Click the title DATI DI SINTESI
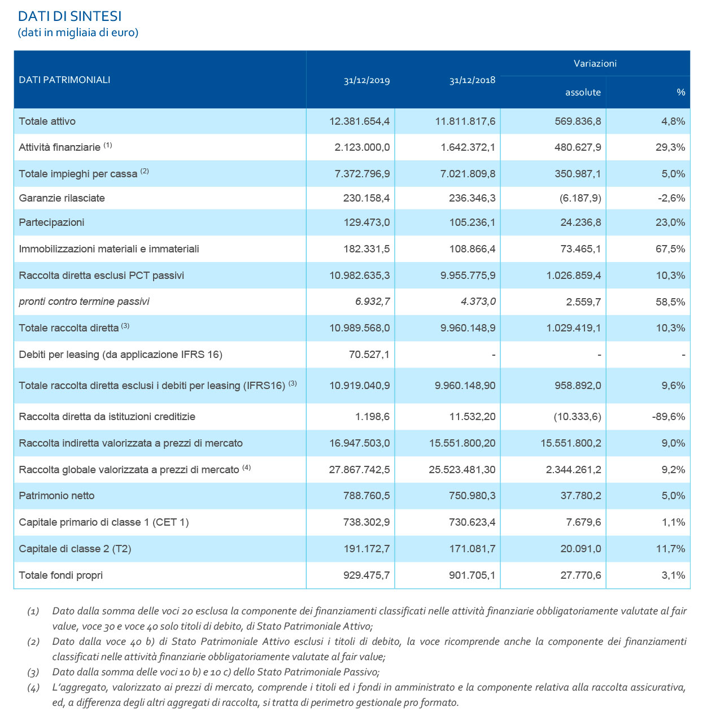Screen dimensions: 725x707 click(x=70, y=16)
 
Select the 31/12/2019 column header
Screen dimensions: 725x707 click(x=366, y=80)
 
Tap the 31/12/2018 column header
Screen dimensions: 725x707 click(x=472, y=80)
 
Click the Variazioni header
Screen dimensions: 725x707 click(x=595, y=63)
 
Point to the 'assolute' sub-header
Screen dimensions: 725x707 click(x=583, y=92)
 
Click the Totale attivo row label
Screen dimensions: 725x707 click(x=47, y=121)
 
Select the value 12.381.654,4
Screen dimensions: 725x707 click(x=359, y=121)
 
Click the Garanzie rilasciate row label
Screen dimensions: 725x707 click(x=62, y=198)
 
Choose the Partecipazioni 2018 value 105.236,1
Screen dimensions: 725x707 click(x=468, y=222)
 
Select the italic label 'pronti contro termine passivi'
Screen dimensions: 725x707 click(x=84, y=302)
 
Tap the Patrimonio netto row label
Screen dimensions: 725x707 click(x=57, y=496)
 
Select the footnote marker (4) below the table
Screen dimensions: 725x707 click(x=33, y=688)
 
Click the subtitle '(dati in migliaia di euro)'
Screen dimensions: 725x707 click(x=78, y=32)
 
